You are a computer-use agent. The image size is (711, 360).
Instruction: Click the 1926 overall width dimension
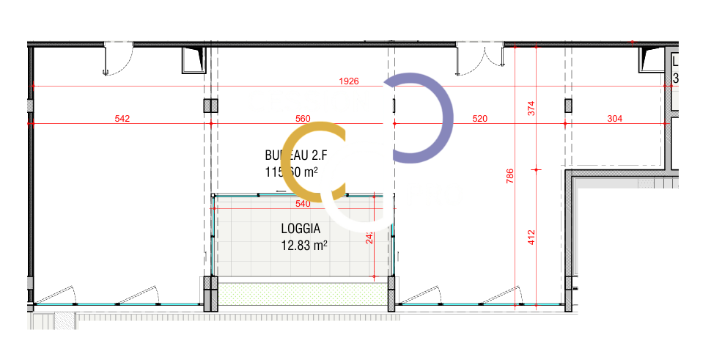point(349,81)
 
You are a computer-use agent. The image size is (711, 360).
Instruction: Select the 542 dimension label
point(122,118)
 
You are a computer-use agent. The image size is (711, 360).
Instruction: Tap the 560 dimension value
point(302,118)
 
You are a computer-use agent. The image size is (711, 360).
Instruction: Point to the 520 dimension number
point(480,118)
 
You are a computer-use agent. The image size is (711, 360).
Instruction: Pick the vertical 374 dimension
point(532,108)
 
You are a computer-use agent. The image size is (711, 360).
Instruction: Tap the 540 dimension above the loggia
point(302,204)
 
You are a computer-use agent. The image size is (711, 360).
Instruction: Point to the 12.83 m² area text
point(303,246)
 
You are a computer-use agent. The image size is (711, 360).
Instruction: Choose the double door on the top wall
point(480,59)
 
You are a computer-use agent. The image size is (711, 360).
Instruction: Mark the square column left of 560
point(210,106)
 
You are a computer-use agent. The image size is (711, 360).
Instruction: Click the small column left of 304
point(568,106)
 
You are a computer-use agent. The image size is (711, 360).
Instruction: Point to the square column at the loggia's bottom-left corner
point(210,293)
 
